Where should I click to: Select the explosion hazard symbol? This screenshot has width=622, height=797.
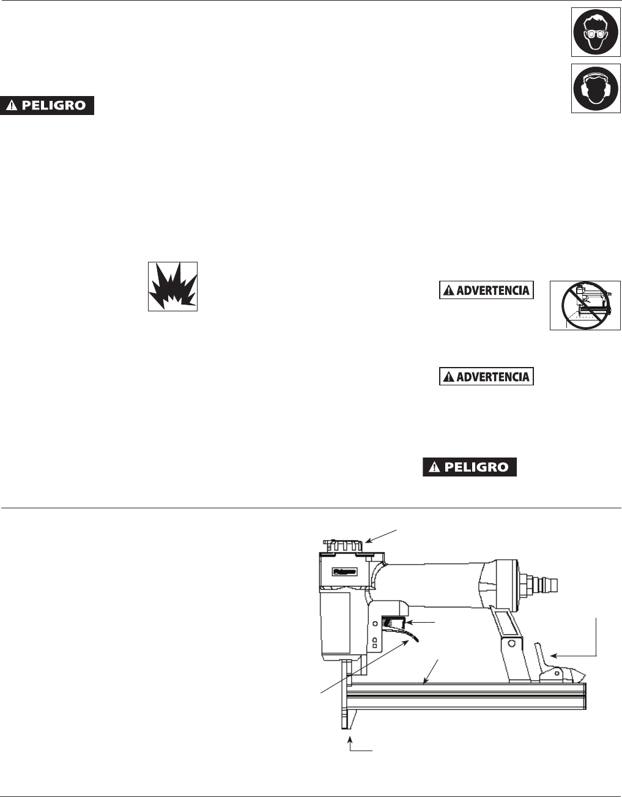click(x=172, y=286)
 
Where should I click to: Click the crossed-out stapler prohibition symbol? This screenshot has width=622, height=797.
click(x=585, y=305)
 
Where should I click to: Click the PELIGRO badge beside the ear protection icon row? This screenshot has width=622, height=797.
click(x=47, y=105)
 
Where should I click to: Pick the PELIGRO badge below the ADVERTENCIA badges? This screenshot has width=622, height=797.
click(x=470, y=467)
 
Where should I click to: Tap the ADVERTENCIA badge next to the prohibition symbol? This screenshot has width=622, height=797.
click(x=486, y=291)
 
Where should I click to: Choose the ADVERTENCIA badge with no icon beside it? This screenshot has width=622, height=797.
click(x=486, y=376)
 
